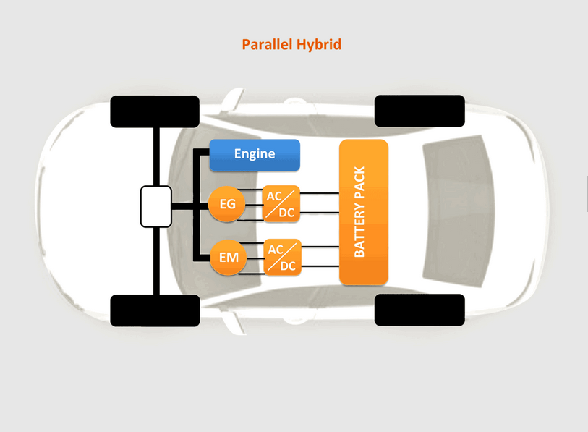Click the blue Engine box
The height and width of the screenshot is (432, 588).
[x=255, y=155]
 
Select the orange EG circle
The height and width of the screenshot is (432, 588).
[x=227, y=204]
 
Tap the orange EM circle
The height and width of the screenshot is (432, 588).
[x=229, y=257]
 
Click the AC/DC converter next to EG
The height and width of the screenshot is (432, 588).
[x=281, y=204]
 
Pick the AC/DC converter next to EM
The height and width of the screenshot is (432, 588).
[x=283, y=257]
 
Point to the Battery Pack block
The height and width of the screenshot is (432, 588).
[x=364, y=212]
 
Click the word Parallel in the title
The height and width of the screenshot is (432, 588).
[x=267, y=45]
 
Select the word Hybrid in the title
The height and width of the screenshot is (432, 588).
[x=319, y=45]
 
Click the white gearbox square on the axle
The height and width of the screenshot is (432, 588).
[x=156, y=206]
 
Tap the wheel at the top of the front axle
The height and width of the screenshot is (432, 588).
[x=155, y=111]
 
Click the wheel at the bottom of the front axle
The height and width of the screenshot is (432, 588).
[x=155, y=310]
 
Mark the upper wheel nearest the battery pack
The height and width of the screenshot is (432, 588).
[x=419, y=111]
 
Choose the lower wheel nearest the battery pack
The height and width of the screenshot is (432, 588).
[x=419, y=310]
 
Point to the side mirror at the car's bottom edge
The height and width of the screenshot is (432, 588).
[x=234, y=323]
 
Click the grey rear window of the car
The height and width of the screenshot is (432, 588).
[x=459, y=211]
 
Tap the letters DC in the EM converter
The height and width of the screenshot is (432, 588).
[x=288, y=266]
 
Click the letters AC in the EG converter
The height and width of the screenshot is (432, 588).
[x=274, y=196]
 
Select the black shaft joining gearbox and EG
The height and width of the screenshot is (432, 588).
[x=190, y=206]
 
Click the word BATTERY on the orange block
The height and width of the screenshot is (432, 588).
[x=359, y=232]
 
